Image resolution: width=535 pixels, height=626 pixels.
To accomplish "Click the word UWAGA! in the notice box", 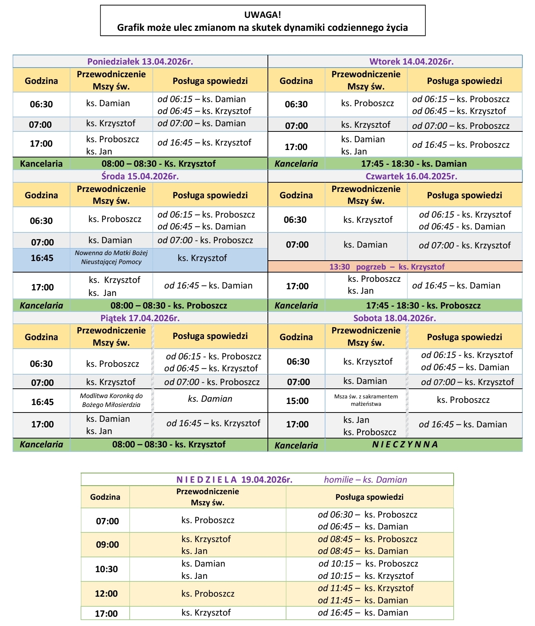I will click(262, 15).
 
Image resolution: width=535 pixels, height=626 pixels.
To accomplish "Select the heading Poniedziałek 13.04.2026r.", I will click(140, 62).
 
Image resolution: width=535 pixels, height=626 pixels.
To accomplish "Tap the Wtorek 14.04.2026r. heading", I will click(411, 62).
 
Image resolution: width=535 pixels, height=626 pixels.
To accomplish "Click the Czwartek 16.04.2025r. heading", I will click(411, 176).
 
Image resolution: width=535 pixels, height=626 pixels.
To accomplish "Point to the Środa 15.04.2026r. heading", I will click(140, 176).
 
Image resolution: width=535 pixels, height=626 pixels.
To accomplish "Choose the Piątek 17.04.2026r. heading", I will click(140, 318).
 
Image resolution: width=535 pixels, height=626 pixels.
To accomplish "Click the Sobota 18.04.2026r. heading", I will click(395, 318).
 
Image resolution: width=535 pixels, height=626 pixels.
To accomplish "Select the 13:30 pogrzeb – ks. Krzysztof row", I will click(387, 267).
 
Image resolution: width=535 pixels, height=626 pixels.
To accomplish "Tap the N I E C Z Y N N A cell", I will click(405, 444).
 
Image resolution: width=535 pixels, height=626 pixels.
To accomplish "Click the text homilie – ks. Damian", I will click(365, 480).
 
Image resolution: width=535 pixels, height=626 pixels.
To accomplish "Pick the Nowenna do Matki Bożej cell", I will click(111, 257).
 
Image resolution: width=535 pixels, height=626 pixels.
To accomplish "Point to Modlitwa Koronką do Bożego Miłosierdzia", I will click(111, 400).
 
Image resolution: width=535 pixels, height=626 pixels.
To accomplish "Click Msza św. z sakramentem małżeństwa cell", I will click(366, 400).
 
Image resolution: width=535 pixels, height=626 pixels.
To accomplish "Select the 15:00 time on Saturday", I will click(297, 401).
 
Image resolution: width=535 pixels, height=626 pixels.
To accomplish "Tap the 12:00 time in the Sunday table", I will click(106, 594).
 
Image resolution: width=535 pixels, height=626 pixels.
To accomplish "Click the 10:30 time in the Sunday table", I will click(106, 569).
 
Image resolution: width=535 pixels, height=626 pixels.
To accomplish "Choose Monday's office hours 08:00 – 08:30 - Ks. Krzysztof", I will click(159, 164).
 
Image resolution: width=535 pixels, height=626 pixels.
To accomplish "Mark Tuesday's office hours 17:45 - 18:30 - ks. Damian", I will click(414, 164).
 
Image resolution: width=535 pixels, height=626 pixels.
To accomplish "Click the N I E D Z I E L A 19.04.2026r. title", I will click(234, 480).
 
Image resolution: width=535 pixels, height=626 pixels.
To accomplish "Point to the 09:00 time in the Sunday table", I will click(107, 545).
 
